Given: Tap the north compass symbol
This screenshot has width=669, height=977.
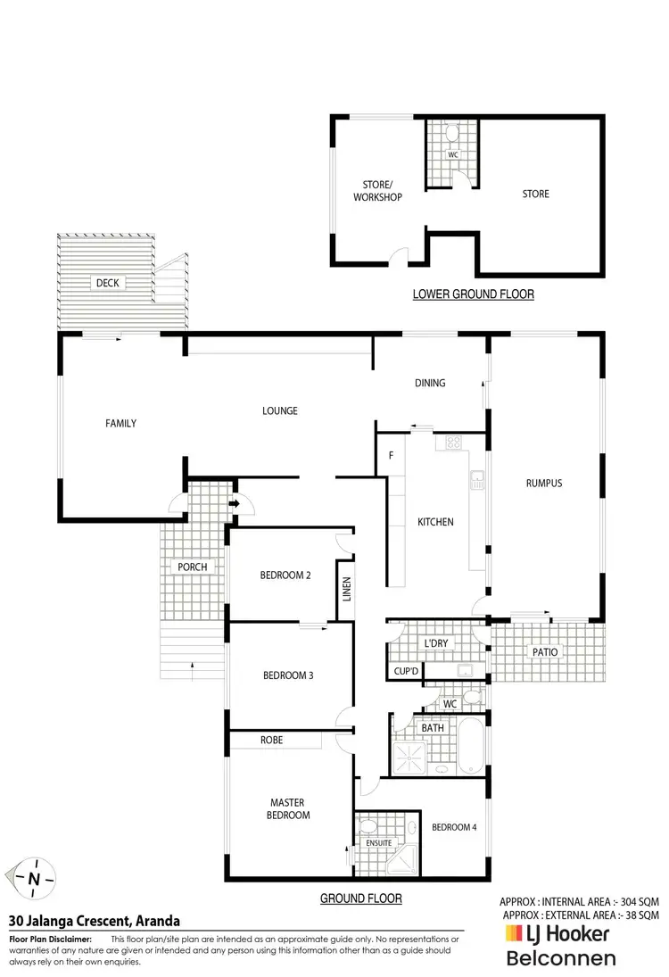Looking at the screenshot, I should click(x=34, y=878).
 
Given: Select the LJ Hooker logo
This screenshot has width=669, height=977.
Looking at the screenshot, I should click(x=557, y=934).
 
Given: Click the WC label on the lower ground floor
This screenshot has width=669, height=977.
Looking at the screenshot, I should click(x=452, y=154).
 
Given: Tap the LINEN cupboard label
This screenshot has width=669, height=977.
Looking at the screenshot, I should click(x=348, y=592).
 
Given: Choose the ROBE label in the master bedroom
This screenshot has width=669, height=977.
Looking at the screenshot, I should click(x=272, y=741).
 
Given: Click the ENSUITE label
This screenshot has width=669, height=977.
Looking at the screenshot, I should click(x=378, y=842).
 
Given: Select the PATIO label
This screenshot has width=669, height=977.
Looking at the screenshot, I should click(x=546, y=652).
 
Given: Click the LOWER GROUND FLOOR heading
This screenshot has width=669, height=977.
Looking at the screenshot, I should click(x=473, y=294).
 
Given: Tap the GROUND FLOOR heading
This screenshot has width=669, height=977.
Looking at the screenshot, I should click(x=360, y=898).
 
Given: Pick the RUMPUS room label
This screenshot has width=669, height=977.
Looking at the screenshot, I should click(x=543, y=484).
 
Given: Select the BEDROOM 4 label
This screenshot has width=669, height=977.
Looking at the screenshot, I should click(x=454, y=827).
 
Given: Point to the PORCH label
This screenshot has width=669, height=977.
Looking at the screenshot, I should click(x=193, y=567).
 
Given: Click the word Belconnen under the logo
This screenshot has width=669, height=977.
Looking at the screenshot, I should click(x=561, y=959).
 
